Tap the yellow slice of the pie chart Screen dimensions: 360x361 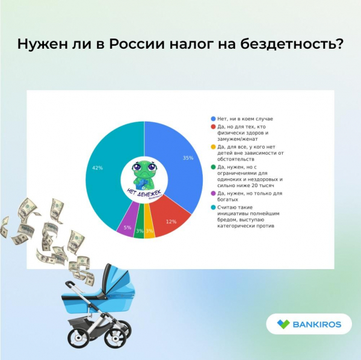pos(149,228)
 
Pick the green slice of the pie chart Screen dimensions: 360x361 pos(139,228)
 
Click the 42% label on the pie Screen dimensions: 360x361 pos(96,168)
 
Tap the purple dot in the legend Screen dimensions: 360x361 pos(214,194)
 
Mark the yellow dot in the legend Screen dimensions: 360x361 pos(214,147)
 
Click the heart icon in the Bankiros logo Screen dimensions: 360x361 pos(283,324)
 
